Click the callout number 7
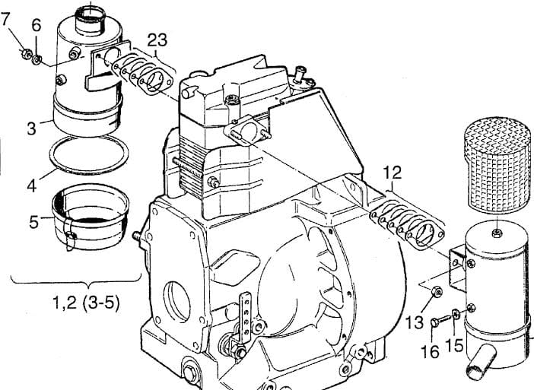[x=5, y=19]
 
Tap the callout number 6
[x=37, y=25]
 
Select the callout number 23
[x=157, y=40]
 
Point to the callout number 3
[x=31, y=128]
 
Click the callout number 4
[x=32, y=185]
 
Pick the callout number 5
[x=34, y=222]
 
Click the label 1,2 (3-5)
[x=87, y=303]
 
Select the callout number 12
[x=393, y=173]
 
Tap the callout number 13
[x=415, y=322]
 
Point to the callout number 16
[x=430, y=351]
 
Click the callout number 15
[x=454, y=345]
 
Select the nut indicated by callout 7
[x=27, y=53]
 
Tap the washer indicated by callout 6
[x=37, y=60]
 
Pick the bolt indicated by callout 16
[x=440, y=320]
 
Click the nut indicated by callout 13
[x=437, y=292]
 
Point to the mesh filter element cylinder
[x=498, y=164]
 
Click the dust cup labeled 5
[x=91, y=216]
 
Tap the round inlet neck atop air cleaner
[x=91, y=21]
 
